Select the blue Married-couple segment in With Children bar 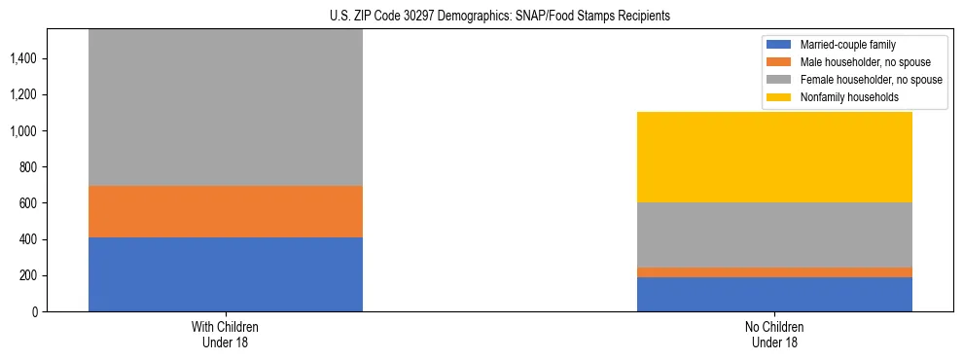[x=226, y=274]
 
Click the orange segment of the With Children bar [x=226, y=211]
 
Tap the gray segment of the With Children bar [x=226, y=107]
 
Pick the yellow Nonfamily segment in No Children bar [x=774, y=157]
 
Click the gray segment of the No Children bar [x=774, y=234]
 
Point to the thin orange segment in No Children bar [x=774, y=272]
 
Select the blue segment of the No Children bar [x=774, y=295]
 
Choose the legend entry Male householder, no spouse [x=859, y=62]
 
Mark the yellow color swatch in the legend [x=779, y=97]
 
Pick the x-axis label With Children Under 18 [x=226, y=334]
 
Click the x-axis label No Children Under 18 [x=774, y=334]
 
